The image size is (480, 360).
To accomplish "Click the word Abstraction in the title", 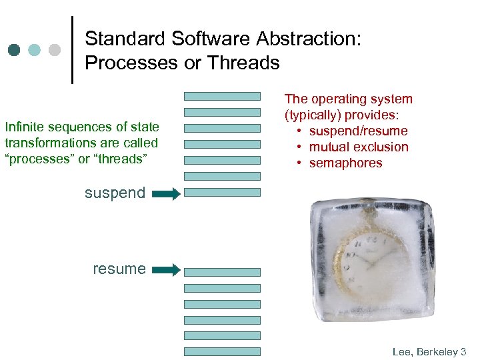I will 303,39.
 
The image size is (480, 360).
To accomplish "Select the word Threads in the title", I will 244,63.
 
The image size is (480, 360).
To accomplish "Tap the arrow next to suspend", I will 166,194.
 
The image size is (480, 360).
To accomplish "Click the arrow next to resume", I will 166,270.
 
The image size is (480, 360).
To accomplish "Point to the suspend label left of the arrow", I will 115,193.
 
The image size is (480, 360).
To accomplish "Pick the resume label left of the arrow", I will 119,269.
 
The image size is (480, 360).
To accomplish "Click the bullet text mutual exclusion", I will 358,147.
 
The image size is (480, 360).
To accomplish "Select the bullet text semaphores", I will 345,163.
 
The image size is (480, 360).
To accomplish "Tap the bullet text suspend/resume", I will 358,131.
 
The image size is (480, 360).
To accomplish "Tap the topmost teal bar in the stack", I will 222,96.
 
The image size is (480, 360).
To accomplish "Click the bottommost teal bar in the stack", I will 222,351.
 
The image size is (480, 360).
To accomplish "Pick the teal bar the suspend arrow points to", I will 222,192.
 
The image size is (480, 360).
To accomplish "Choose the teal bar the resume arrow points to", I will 222,272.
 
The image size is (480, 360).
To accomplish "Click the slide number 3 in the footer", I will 463,351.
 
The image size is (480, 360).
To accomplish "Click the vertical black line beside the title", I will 71,50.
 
